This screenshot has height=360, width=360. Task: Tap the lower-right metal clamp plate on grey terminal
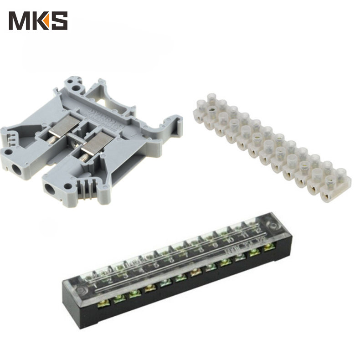click(97, 146)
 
